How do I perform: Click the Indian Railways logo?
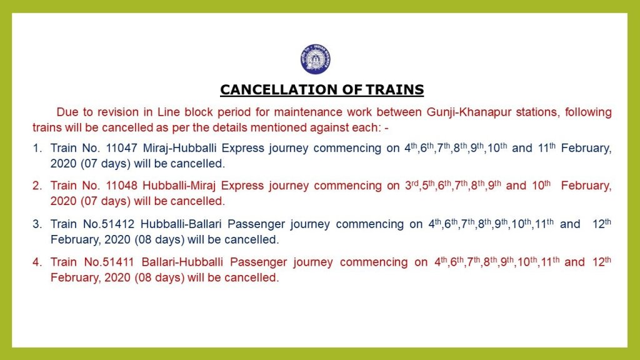(x=316, y=59)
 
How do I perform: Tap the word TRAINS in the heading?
(x=395, y=89)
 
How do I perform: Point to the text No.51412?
(x=109, y=224)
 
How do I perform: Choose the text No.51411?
(x=109, y=262)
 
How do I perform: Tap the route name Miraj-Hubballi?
(x=179, y=148)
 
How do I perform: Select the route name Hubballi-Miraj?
(x=179, y=186)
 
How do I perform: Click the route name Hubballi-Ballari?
(x=181, y=224)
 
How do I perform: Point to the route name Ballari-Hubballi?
(x=182, y=262)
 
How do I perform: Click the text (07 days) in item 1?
(x=105, y=164)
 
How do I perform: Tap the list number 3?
(x=37, y=224)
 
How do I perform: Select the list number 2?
(x=37, y=186)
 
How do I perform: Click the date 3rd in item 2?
(x=412, y=185)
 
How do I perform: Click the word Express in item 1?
(x=243, y=148)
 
